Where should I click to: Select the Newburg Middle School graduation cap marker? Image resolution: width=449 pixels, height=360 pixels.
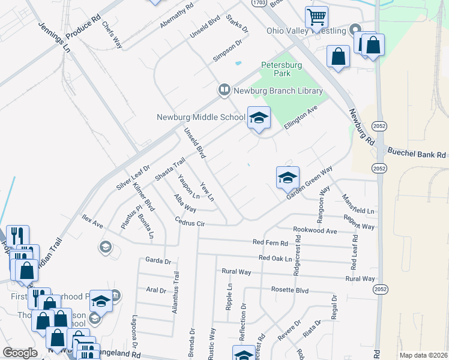click(x=259, y=119)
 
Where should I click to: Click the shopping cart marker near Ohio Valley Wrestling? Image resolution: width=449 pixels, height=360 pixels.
click(x=316, y=18)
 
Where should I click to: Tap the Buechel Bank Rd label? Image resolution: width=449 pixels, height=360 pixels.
click(x=417, y=154)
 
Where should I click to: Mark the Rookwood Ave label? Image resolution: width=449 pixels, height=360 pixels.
click(x=315, y=230)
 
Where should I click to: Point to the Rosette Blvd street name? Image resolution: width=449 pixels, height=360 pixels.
click(x=290, y=290)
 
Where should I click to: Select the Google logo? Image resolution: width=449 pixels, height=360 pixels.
click(x=20, y=353)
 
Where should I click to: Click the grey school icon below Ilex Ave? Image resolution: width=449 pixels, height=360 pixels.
click(x=105, y=247)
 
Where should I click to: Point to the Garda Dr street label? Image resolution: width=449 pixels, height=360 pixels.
click(x=158, y=261)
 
